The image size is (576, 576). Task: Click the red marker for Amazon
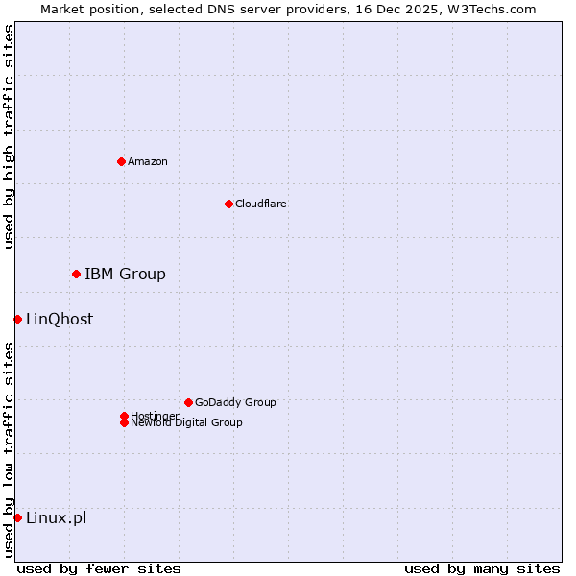pyautogui.click(x=121, y=161)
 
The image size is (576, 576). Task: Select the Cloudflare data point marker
pyautogui.click(x=228, y=204)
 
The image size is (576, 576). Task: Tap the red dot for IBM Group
pyautogui.click(x=76, y=275)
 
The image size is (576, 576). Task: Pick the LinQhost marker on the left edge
pyautogui.click(x=17, y=319)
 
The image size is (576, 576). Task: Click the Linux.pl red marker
pyautogui.click(x=17, y=518)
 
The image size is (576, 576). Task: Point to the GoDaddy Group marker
pyautogui.click(x=188, y=402)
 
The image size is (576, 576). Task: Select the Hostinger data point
pyautogui.click(x=124, y=416)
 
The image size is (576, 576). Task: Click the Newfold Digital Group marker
pyautogui.click(x=124, y=423)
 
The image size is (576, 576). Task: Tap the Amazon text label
pyautogui.click(x=148, y=161)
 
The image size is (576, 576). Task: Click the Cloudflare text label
pyautogui.click(x=261, y=204)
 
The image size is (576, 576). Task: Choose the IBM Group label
pyautogui.click(x=125, y=275)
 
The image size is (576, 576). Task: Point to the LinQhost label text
pyautogui.click(x=60, y=320)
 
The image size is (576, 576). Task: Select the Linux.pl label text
pyautogui.click(x=56, y=518)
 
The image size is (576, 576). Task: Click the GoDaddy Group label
pyautogui.click(x=235, y=402)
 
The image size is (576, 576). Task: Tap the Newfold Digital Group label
pyautogui.click(x=186, y=423)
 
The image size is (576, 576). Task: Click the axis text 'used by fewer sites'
pyautogui.click(x=99, y=568)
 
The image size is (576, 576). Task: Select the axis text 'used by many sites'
pyautogui.click(x=482, y=568)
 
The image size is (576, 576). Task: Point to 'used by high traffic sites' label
pyautogui.click(x=9, y=136)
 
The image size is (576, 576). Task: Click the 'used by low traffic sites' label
pyautogui.click(x=9, y=448)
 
